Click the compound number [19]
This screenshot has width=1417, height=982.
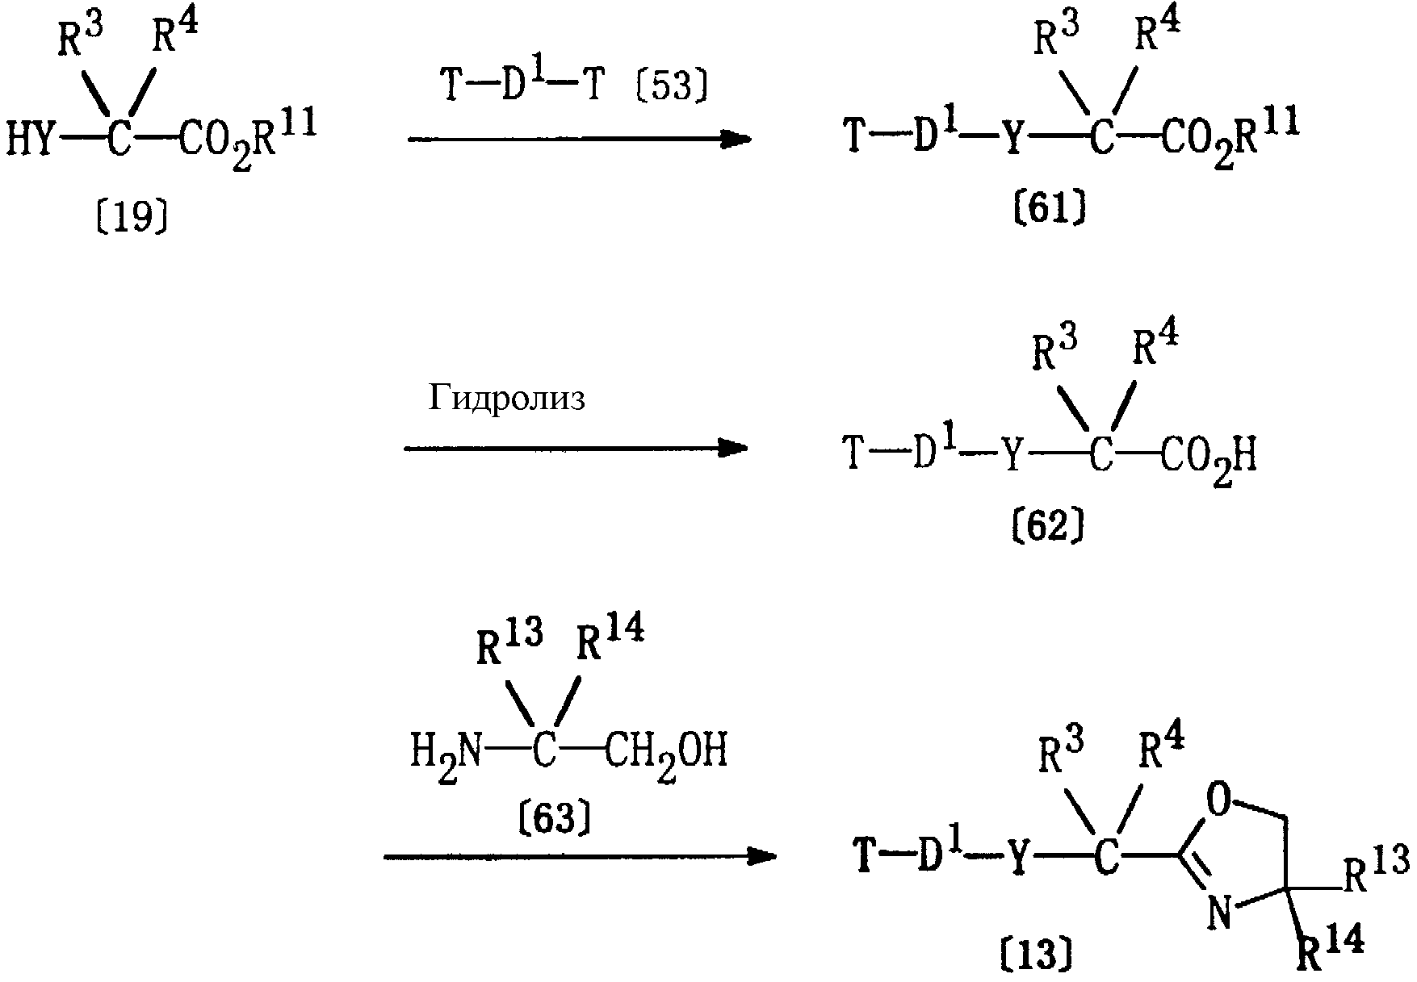click(132, 217)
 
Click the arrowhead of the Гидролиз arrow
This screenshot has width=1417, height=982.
click(732, 448)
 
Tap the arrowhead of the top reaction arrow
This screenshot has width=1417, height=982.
click(736, 140)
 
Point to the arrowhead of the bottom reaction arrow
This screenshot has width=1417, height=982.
click(761, 857)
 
